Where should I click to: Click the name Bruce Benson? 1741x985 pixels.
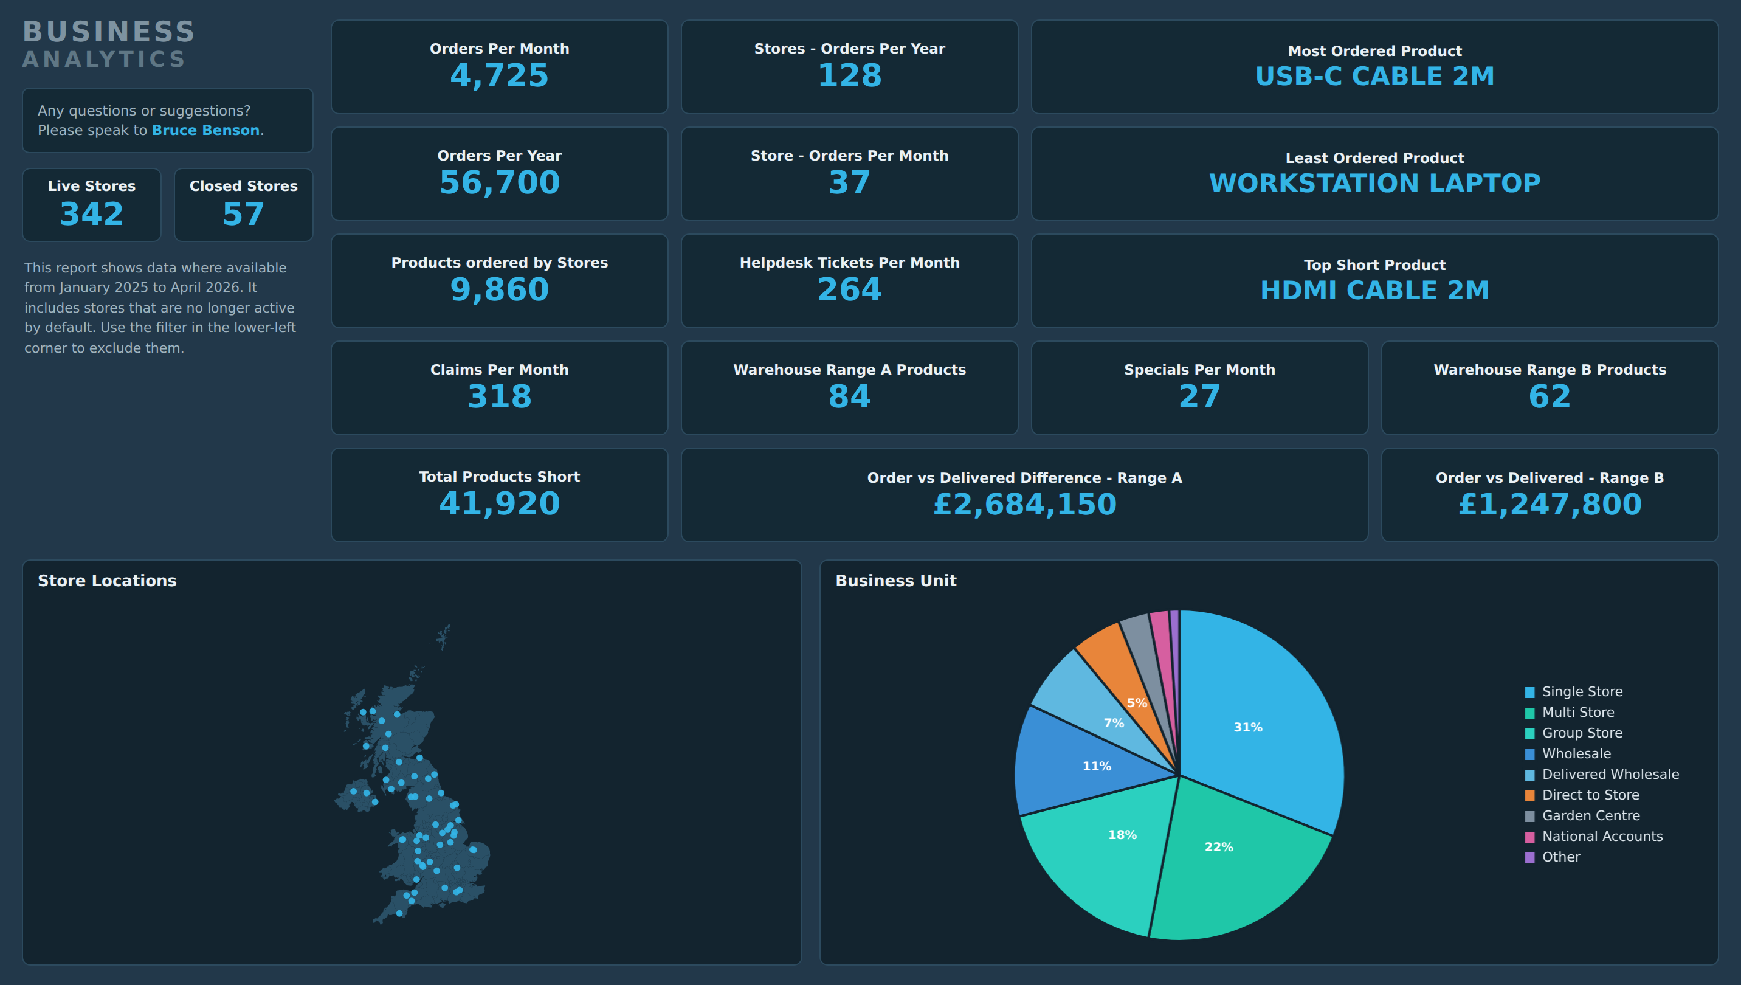click(x=205, y=130)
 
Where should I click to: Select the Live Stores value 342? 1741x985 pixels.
click(x=92, y=214)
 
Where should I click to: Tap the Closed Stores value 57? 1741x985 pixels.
click(x=244, y=214)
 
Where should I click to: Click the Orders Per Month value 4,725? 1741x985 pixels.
click(x=499, y=75)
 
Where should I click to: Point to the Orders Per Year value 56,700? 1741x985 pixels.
click(x=499, y=182)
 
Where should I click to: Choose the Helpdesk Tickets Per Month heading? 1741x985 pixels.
click(x=850, y=263)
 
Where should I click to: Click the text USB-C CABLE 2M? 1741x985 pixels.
click(x=1374, y=76)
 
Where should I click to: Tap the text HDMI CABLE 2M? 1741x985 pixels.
click(x=1374, y=289)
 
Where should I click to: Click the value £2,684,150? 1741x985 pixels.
click(x=1025, y=504)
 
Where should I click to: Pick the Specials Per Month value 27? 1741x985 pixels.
click(x=1199, y=396)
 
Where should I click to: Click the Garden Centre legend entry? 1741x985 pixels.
click(x=1582, y=816)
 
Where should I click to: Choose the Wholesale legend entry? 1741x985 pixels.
click(x=1568, y=753)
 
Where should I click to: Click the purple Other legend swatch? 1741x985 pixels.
click(x=1529, y=858)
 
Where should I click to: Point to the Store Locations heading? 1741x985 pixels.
click(x=107, y=581)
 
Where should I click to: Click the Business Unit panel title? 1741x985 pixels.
click(x=895, y=581)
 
